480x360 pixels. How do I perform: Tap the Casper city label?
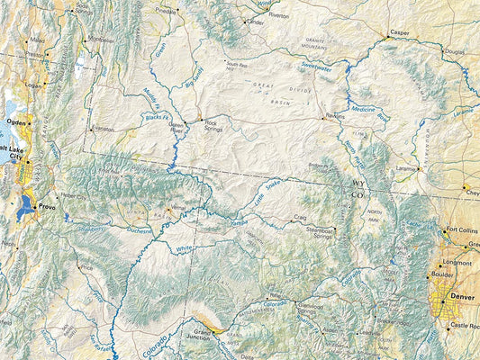click(x=399, y=32)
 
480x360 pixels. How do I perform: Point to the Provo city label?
click(x=47, y=207)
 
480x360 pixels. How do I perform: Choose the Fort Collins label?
click(x=463, y=229)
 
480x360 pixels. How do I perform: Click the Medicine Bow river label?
click(x=370, y=112)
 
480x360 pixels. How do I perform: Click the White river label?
click(x=185, y=248)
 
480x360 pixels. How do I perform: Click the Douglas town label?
click(x=456, y=51)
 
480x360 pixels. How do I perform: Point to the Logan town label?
click(x=33, y=86)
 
